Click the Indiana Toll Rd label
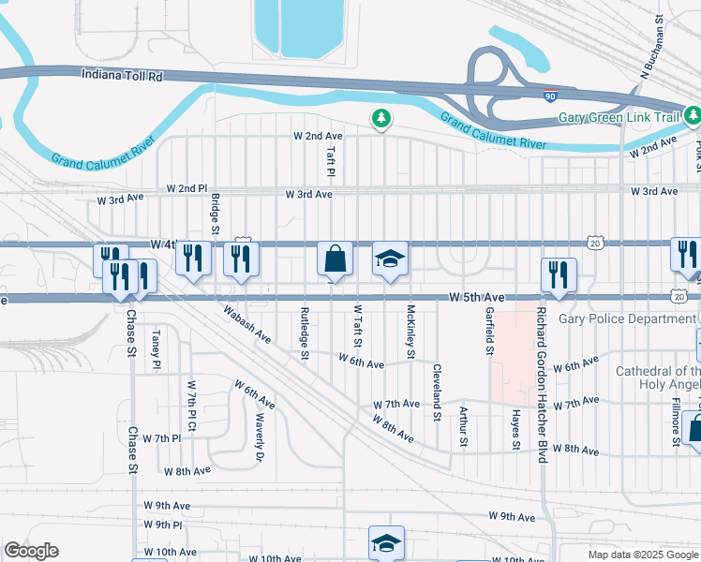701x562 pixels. coord(122,74)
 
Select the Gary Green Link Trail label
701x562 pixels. coord(618,117)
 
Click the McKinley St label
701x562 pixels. coord(410,332)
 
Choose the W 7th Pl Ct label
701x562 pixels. coord(192,405)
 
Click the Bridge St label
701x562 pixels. coord(215,214)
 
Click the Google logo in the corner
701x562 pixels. coord(30,551)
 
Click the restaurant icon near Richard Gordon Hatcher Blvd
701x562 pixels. coord(559,274)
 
